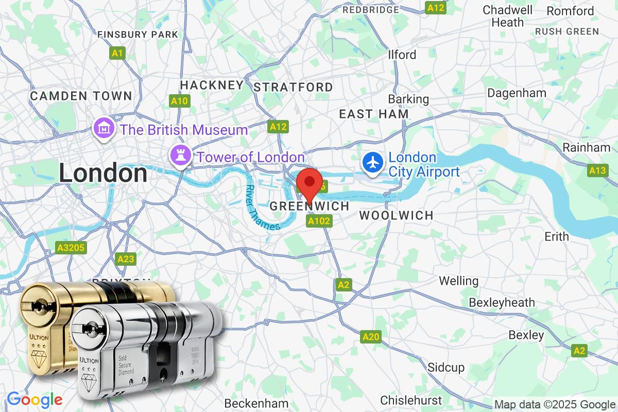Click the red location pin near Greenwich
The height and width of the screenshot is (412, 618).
(x=310, y=182)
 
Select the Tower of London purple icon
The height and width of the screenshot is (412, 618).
(x=180, y=154)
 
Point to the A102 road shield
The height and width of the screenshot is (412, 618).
(x=319, y=221)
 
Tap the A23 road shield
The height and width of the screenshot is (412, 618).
(x=126, y=259)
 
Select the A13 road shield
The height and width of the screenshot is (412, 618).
(x=598, y=170)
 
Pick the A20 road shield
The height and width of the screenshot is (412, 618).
(x=371, y=337)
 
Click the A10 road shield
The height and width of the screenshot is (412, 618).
(x=179, y=101)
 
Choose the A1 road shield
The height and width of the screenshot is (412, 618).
(x=117, y=53)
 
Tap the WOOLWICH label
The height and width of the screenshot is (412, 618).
(x=396, y=215)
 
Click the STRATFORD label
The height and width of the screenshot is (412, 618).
(x=294, y=87)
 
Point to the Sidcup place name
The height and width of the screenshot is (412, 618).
(x=446, y=367)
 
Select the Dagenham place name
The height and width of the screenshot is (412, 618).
(x=517, y=93)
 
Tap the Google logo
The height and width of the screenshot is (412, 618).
(x=35, y=399)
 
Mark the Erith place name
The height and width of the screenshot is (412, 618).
(x=557, y=236)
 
